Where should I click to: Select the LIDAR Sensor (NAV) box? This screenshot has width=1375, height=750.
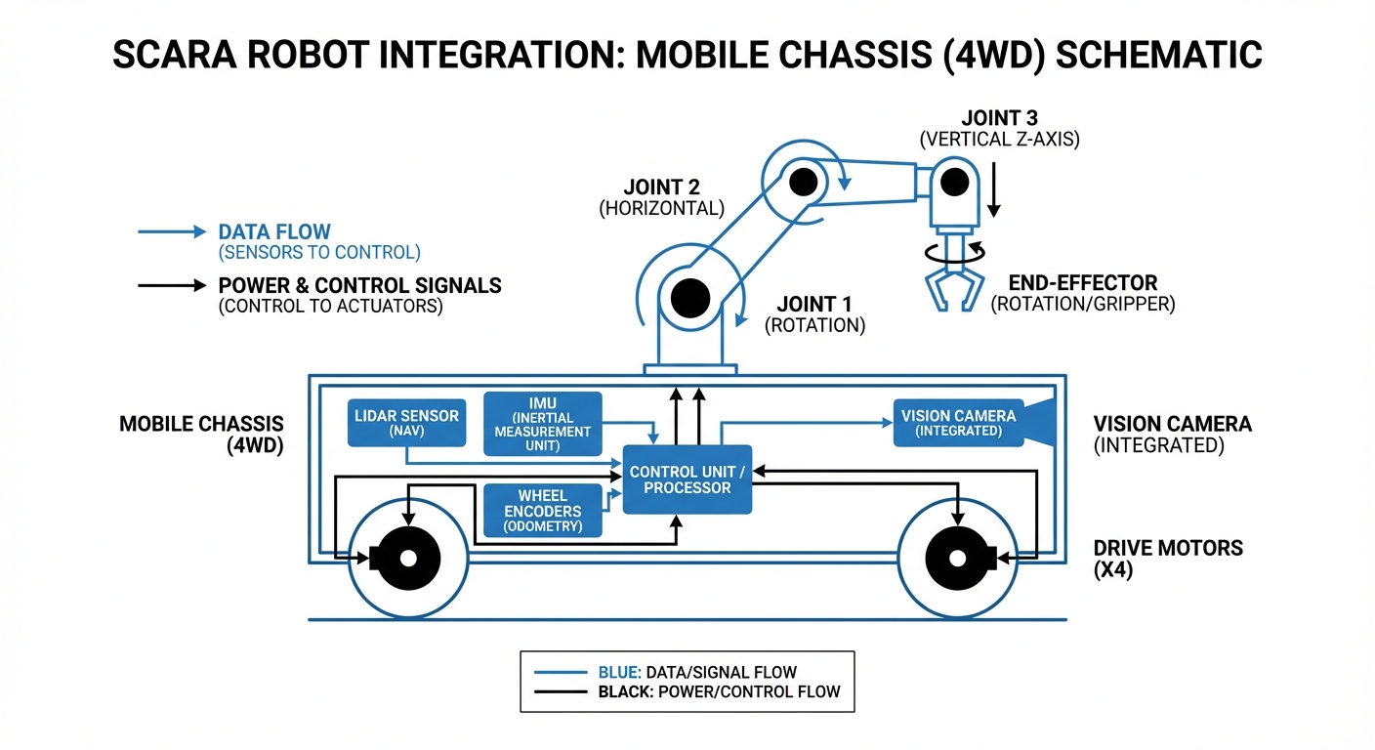pos(404,422)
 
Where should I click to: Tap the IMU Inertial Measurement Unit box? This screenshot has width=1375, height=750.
pos(543,423)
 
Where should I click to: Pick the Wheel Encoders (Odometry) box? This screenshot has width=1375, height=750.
pos(543,511)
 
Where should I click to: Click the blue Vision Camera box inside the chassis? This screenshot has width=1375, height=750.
pos(958,422)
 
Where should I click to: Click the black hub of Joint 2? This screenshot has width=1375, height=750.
pos(804,182)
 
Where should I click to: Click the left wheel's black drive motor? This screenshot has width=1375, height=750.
pos(408,559)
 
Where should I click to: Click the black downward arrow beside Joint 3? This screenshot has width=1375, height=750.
pos(993,190)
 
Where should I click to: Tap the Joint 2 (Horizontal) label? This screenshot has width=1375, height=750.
pos(661,196)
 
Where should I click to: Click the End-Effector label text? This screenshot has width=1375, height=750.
pos(1082,283)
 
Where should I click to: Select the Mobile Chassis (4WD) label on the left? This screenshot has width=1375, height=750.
pos(201,436)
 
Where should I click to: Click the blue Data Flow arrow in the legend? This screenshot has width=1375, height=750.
pos(170,232)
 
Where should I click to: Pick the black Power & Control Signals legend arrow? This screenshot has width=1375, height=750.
pos(170,286)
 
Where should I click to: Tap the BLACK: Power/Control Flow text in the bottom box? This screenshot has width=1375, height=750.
pos(719,692)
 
